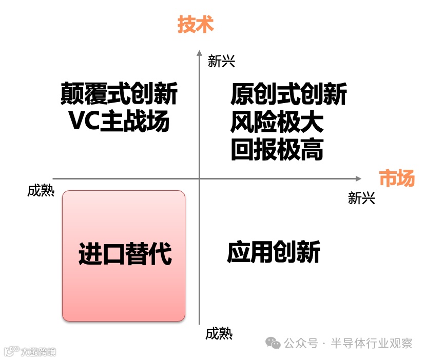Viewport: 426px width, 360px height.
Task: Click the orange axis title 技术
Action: tap(195, 25)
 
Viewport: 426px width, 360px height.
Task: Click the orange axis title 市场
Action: tap(396, 178)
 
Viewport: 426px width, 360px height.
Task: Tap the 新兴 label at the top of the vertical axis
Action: tap(222, 62)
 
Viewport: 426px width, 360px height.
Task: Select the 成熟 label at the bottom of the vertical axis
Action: tap(219, 334)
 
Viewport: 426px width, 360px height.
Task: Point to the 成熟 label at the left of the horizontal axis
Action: tap(41, 191)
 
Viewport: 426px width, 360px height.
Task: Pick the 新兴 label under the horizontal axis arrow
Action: tap(361, 198)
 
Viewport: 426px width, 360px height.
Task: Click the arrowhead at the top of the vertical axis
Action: tap(199, 52)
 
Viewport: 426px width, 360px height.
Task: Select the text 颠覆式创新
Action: tap(119, 94)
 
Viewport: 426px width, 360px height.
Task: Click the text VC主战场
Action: tap(119, 122)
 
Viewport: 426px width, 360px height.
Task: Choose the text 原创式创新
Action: tap(288, 94)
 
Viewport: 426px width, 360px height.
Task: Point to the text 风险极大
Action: tap(277, 122)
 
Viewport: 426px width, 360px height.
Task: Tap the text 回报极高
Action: tap(277, 150)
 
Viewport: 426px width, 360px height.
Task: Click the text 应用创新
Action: tap(274, 252)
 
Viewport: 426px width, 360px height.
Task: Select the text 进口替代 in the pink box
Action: tap(125, 254)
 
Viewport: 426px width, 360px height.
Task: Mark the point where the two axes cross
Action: tap(199, 178)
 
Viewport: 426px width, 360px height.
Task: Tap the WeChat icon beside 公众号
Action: tap(273, 343)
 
